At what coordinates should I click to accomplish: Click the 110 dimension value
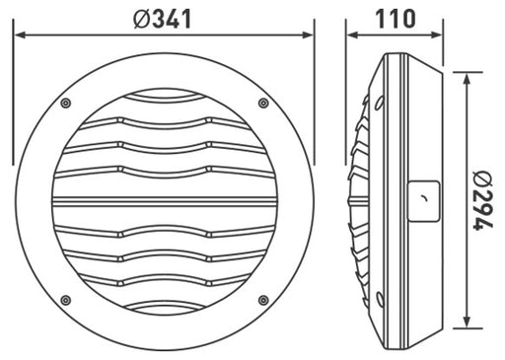click(x=395, y=18)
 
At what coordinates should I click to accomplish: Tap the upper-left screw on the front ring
click(x=65, y=104)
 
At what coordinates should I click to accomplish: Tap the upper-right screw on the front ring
click(x=263, y=104)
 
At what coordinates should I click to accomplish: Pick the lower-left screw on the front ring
click(x=65, y=300)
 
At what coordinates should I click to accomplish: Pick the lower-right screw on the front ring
click(x=263, y=300)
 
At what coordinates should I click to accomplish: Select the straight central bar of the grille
click(x=164, y=202)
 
